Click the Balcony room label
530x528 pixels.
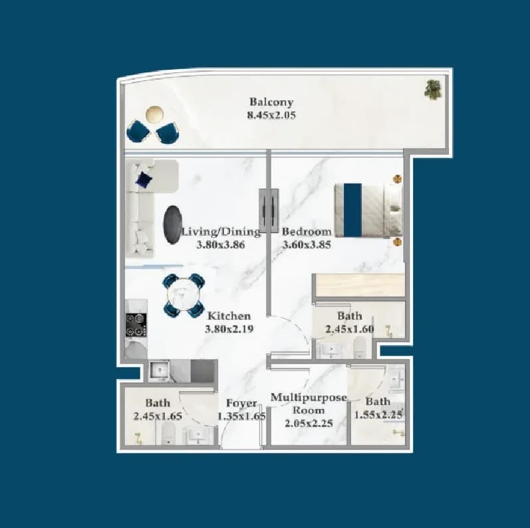(x=271, y=102)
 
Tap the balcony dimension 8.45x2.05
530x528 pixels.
(x=271, y=115)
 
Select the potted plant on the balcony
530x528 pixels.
(x=433, y=90)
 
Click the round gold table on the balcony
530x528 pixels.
(x=154, y=114)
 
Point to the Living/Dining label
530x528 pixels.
(x=221, y=232)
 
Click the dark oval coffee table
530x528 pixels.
(x=172, y=224)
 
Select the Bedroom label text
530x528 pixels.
(x=307, y=232)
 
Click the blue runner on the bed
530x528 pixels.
(x=352, y=210)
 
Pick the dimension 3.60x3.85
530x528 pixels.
(x=307, y=245)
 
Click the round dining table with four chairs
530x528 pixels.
(x=184, y=296)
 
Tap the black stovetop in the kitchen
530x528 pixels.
(x=136, y=325)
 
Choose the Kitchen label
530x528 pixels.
(x=229, y=316)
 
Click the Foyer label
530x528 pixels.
(x=241, y=403)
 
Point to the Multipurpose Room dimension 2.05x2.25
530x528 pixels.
(x=309, y=423)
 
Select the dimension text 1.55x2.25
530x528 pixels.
(x=378, y=414)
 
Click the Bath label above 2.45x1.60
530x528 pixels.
(x=350, y=316)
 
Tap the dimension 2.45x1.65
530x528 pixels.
(x=158, y=416)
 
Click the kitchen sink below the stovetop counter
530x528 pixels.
(x=158, y=371)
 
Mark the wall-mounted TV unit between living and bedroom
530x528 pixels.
(x=269, y=211)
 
